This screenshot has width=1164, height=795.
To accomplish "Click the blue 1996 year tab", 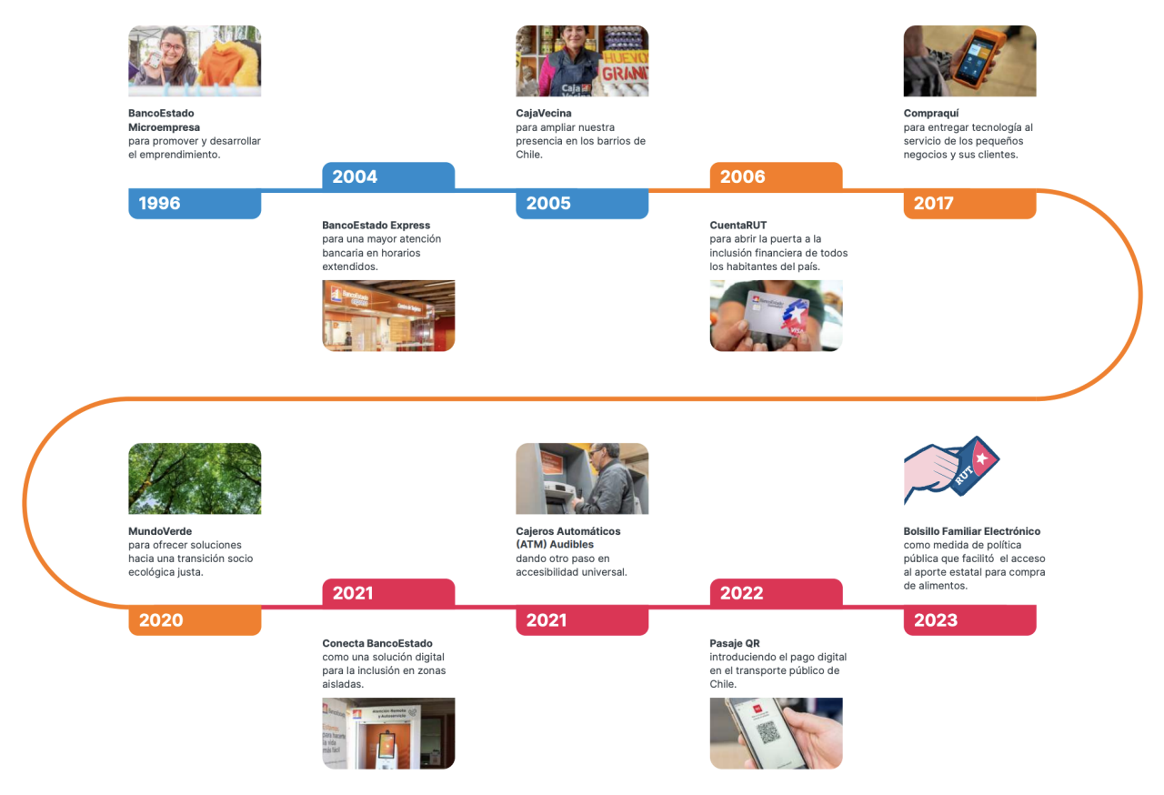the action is point(195,203).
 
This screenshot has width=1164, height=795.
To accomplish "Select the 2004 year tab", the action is point(388,176).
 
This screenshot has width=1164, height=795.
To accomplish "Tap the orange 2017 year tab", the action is point(969,203).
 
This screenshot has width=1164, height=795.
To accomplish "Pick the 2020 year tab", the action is point(195,619).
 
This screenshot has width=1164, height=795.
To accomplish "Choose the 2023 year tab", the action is point(969,619).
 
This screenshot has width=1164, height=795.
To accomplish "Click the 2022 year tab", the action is point(776,593).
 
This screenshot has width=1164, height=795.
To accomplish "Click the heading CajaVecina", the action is point(544,114).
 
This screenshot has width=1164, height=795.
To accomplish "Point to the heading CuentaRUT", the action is point(738,225).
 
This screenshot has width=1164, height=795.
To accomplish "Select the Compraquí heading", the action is point(930,114).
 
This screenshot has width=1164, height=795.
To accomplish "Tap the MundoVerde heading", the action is point(160,531).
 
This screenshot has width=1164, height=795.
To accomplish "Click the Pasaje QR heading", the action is point(735,643).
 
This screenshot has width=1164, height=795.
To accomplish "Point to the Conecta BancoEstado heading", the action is point(377,643).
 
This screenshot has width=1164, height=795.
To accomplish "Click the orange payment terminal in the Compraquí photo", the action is point(978,56).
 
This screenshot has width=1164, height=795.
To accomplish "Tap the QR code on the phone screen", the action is point(768,732).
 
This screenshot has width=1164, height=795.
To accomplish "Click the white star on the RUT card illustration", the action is point(981,458).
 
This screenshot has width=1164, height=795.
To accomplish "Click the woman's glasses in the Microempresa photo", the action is point(173,47).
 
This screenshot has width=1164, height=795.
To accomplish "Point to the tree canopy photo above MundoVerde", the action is point(195,478).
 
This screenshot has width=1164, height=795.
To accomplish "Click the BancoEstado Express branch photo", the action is point(388,316).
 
